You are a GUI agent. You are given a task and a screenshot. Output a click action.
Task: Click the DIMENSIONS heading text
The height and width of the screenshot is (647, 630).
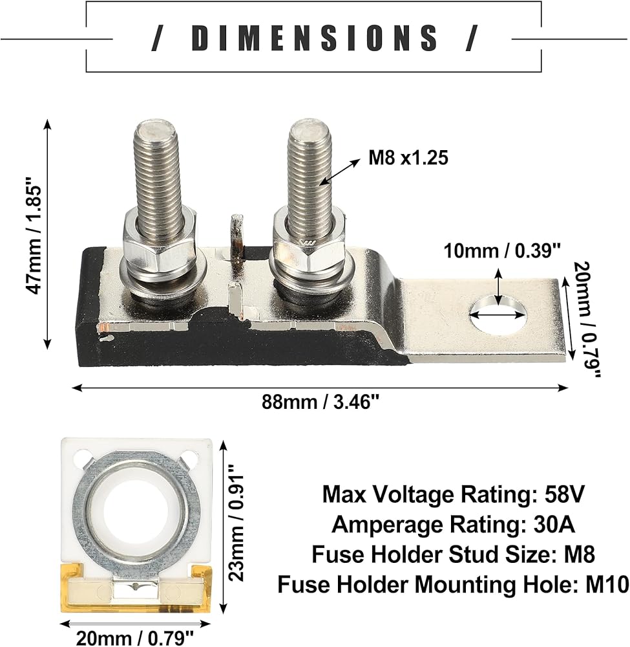point(315,38)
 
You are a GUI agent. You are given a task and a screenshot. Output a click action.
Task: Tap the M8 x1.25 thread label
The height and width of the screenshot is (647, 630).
point(408,158)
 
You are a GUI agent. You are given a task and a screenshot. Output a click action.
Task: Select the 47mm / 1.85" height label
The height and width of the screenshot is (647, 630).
point(34,236)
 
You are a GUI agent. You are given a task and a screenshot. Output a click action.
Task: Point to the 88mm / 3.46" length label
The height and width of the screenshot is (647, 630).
point(320,402)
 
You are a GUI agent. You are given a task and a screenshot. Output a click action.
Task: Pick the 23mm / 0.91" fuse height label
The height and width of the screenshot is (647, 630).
point(236,529)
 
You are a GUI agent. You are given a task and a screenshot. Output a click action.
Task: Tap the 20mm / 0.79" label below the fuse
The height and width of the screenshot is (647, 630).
point(135,638)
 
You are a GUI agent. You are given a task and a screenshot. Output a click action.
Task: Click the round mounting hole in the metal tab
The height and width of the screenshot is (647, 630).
point(498,316)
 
